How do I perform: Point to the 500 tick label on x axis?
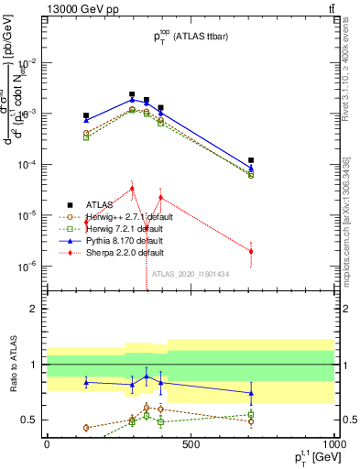191,444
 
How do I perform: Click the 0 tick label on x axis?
47,444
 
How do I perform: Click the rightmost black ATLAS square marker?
251,160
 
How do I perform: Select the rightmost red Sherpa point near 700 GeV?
251,251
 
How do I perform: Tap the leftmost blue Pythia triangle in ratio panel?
86,382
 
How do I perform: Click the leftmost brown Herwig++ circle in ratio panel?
86,428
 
